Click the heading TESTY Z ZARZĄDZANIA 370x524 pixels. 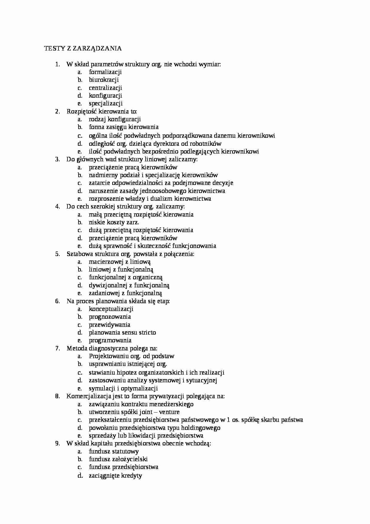click(x=83, y=48)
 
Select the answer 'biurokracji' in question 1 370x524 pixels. click(x=104, y=80)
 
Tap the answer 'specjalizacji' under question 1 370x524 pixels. click(x=106, y=103)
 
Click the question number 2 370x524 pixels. click(x=58, y=111)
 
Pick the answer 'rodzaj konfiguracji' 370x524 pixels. click(x=115, y=119)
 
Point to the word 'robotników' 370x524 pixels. click(x=206, y=143)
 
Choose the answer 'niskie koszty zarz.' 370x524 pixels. click(x=114, y=222)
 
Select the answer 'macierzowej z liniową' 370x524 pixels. click(x=120, y=262)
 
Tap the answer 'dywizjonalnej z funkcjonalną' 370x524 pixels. click(x=129, y=285)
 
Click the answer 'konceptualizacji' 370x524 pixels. click(x=111, y=309)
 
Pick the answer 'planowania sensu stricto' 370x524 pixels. click(x=122, y=333)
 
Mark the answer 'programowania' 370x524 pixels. click(x=110, y=340)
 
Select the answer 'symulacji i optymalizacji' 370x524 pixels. click(x=123, y=388)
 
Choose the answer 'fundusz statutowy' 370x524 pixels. click(x=113, y=451)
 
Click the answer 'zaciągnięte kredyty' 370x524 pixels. click(x=115, y=476)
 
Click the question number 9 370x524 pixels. click(x=58, y=443)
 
